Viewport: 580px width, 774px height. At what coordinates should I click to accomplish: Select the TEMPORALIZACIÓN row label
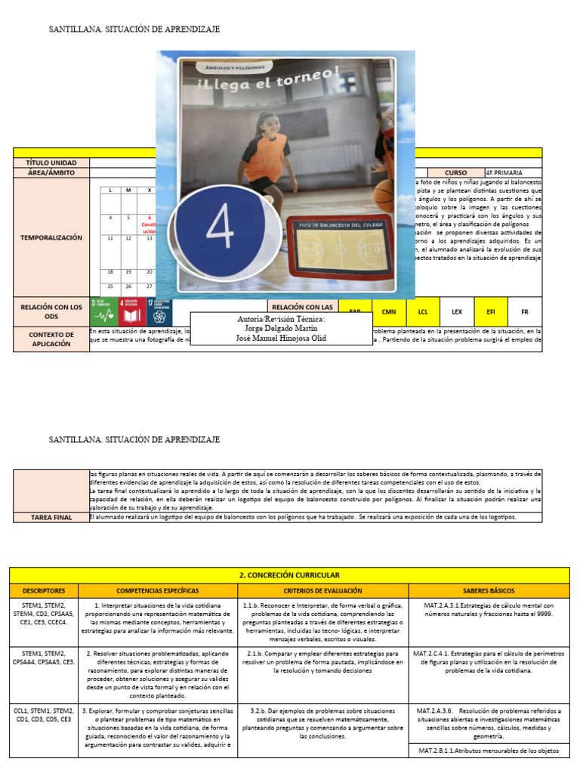point(51,237)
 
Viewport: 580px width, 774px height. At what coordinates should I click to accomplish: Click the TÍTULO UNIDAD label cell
point(51,163)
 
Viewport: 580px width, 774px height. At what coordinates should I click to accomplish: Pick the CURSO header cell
point(456,172)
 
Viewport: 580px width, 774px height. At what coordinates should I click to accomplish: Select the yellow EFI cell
point(491,311)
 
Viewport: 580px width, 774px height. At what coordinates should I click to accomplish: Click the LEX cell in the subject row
point(457,311)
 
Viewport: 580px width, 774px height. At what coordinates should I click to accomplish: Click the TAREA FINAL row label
point(51,517)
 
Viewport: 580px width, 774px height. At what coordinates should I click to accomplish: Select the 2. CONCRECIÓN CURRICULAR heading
point(289,575)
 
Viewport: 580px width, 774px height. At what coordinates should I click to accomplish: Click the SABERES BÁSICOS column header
point(489,590)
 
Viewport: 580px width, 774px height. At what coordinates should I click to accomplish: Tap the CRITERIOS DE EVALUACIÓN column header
point(322,590)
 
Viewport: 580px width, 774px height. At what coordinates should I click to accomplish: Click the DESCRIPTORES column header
point(44,590)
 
